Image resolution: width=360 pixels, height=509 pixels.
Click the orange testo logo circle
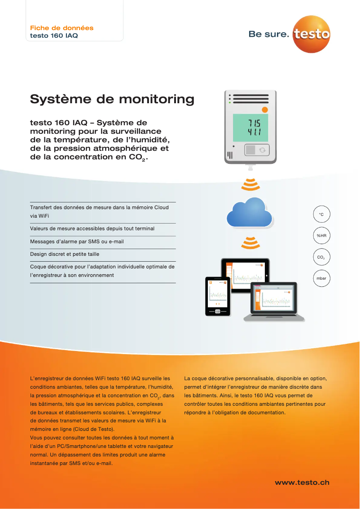click(311, 35)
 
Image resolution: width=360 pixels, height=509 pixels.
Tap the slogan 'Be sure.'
click(268, 34)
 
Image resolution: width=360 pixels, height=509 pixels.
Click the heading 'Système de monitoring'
click(112, 99)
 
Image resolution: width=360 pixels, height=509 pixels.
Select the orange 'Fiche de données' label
click(61, 28)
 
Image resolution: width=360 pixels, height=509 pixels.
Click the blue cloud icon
click(250, 213)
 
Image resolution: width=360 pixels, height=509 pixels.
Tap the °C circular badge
click(321, 215)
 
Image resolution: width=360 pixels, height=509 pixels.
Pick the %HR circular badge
click(321, 236)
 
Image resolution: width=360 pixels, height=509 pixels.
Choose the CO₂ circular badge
click(321, 257)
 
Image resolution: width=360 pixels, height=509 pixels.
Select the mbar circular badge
click(321, 278)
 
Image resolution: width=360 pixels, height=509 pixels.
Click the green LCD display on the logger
click(250, 127)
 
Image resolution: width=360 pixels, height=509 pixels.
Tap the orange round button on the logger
click(265, 110)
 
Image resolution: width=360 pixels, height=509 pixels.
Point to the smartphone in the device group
click(218, 296)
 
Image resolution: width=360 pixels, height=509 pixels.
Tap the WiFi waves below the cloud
click(250, 242)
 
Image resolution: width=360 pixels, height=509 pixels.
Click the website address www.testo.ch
click(302, 482)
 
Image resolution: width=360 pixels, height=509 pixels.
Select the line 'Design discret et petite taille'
click(65, 254)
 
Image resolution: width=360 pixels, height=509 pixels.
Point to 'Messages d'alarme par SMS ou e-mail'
click(77, 241)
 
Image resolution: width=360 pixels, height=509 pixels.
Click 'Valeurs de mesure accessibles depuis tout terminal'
click(92, 228)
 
